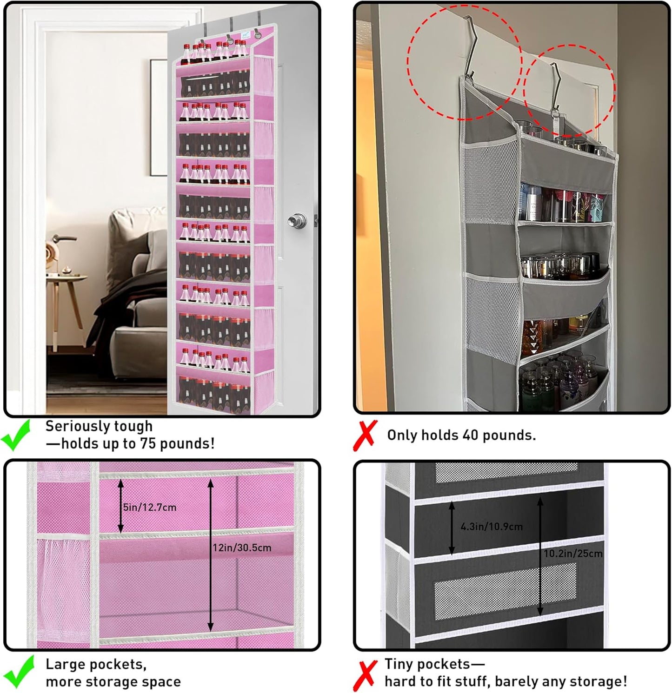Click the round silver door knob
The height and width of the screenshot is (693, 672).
point(297,220)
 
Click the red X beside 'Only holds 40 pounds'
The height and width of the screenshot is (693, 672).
point(366,435)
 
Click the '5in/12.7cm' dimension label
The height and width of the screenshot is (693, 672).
point(150,507)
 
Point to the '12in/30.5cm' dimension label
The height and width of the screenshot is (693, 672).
point(242,548)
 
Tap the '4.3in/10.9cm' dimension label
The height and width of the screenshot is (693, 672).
point(492,527)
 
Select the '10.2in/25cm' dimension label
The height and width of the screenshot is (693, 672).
point(573,554)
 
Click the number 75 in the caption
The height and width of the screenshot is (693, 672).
point(148,443)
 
